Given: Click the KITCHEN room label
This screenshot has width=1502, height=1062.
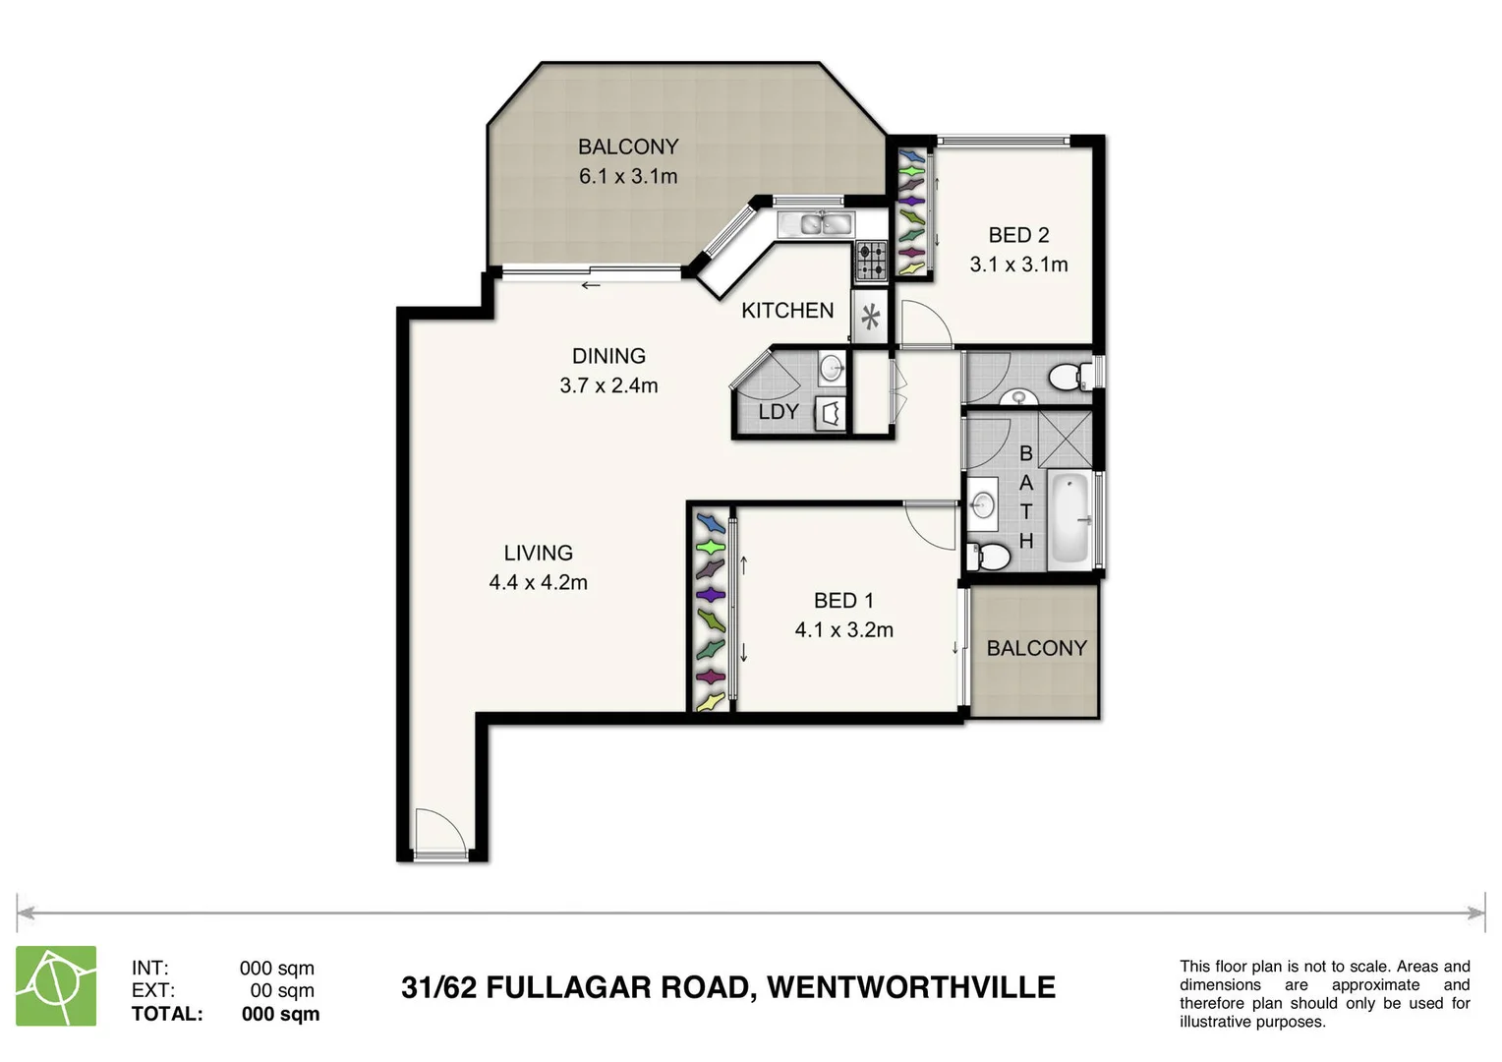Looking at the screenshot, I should (787, 311).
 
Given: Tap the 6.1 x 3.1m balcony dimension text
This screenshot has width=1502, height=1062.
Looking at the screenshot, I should (628, 177).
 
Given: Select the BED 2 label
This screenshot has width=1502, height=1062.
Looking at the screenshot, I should (1018, 235).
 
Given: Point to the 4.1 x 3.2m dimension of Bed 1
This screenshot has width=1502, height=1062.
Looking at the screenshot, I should (843, 630).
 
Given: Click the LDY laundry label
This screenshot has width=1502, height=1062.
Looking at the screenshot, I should (778, 412).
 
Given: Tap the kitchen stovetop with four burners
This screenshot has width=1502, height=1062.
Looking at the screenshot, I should (871, 260).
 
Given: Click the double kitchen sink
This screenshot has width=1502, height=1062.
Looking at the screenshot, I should (814, 224).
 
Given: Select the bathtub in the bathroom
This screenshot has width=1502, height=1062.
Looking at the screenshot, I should (1069, 519).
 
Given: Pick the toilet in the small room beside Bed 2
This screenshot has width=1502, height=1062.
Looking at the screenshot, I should (1069, 376).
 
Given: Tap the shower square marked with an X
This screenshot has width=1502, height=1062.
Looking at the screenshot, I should (1065, 439).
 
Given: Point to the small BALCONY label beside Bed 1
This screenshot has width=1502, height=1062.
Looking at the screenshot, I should (1036, 649).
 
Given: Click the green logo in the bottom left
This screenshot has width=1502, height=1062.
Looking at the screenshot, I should (56, 985).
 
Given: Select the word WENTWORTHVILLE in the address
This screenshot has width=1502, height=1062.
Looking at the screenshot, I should (910, 987).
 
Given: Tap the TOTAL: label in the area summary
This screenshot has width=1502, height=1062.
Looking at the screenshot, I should (167, 1014).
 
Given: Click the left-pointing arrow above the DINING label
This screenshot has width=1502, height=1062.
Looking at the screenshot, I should (590, 286).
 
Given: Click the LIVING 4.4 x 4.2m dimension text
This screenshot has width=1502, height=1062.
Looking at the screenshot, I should (538, 583).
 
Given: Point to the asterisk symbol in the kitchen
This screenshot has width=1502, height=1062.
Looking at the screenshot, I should (870, 317).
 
